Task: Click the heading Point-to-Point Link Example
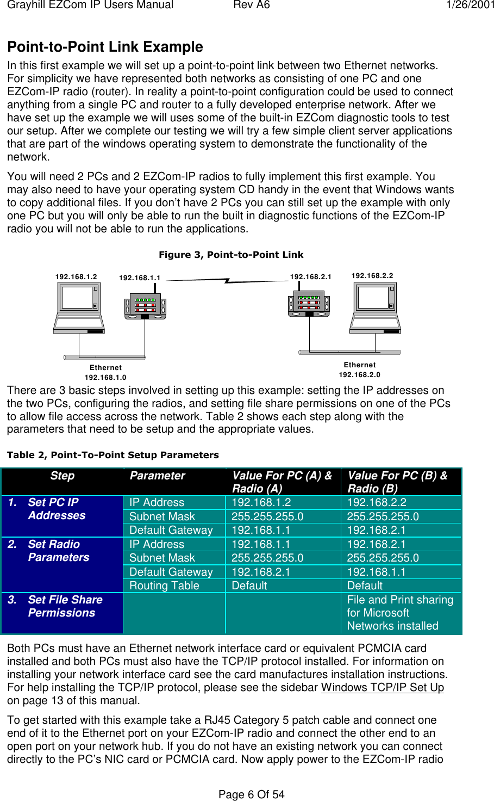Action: pyautogui.click(x=105, y=47)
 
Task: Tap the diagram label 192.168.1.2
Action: pyautogui.click(x=76, y=276)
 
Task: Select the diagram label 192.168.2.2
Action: pyautogui.click(x=372, y=276)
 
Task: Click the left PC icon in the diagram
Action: pyautogui.click(x=79, y=308)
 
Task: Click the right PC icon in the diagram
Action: pyautogui.click(x=376, y=307)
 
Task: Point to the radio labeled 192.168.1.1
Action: pyautogui.click(x=145, y=306)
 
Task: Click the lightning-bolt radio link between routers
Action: pyautogui.click(x=227, y=280)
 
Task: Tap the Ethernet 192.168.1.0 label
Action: pyautogui.click(x=105, y=372)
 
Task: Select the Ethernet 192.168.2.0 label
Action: pyautogui.click(x=360, y=369)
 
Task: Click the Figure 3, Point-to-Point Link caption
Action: pyautogui.click(x=231, y=255)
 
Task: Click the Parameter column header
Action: pyautogui.click(x=158, y=476)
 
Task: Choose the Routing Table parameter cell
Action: pyautogui.click(x=164, y=586)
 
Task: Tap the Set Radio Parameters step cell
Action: pyautogui.click(x=58, y=551)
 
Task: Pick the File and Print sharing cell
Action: pyautogui.click(x=400, y=613)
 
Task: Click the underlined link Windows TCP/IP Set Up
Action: pyautogui.click(x=382, y=687)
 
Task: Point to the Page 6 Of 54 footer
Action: pyautogui.click(x=251, y=794)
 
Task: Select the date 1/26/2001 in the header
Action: pyautogui.click(x=470, y=5)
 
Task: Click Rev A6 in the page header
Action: pyautogui.click(x=251, y=5)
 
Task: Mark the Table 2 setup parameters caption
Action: pyautogui.click(x=113, y=455)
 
